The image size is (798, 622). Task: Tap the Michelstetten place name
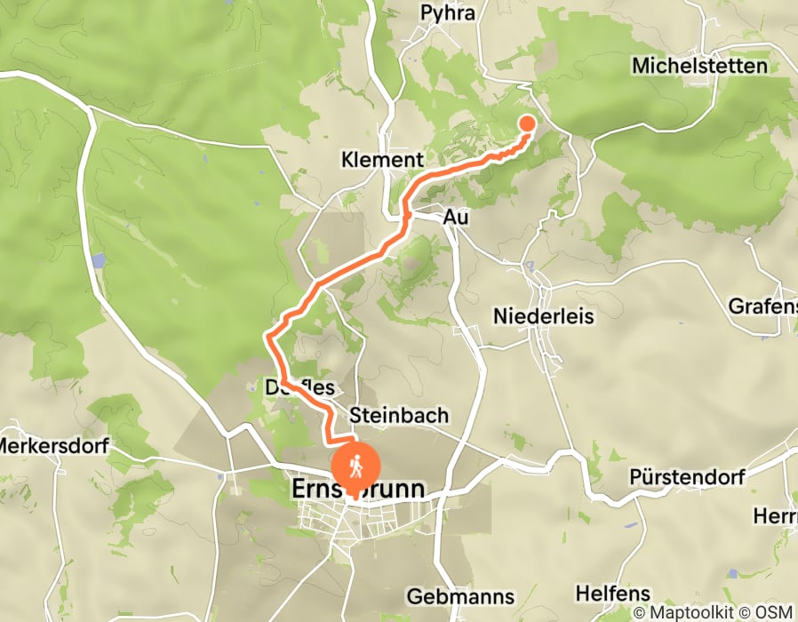coord(699,66)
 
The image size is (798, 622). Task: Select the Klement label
coord(382,160)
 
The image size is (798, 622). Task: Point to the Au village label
coord(456,217)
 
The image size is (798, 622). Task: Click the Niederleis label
coord(543,316)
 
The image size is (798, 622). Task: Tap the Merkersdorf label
coord(52,445)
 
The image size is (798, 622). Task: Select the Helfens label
coord(612,593)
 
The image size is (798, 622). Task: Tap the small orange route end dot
coord(527,124)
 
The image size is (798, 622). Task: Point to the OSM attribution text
coord(777,612)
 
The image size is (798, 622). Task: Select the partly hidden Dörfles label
coord(299,387)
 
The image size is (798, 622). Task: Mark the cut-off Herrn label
coord(775,515)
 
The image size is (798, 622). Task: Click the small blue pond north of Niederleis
coord(531,266)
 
